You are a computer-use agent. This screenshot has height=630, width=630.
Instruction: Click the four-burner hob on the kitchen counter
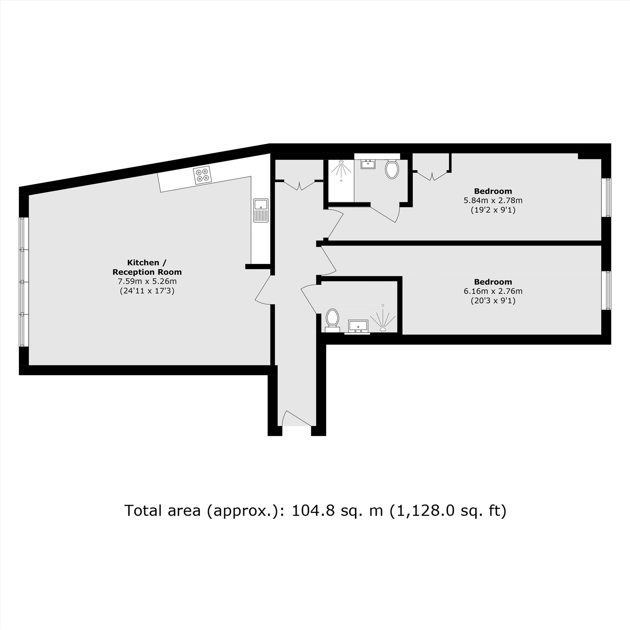coord(202,175)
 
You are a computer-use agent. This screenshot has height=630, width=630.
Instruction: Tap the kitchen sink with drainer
coord(261,210)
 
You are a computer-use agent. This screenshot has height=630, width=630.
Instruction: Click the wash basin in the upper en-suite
coord(368,164)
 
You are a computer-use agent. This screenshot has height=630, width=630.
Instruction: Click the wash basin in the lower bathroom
coord(358,326)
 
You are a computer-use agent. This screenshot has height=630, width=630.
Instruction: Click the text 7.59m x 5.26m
coord(147,281)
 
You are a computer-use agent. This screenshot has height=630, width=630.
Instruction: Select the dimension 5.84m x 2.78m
coord(493,200)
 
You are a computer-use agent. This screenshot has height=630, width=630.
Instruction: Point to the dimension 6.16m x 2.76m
coord(493,291)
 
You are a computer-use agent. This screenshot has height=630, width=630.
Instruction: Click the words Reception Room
coord(147,272)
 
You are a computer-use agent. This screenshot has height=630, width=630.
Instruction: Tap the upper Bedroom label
coord(493,191)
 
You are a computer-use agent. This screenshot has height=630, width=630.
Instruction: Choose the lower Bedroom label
coord(493,282)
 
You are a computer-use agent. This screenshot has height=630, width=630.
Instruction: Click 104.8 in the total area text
coord(313,510)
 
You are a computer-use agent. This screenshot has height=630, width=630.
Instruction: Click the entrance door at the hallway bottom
coord(297,418)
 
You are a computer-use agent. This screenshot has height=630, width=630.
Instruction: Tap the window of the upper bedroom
coord(606,197)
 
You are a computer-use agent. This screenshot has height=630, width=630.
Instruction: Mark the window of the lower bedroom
coord(606,290)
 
